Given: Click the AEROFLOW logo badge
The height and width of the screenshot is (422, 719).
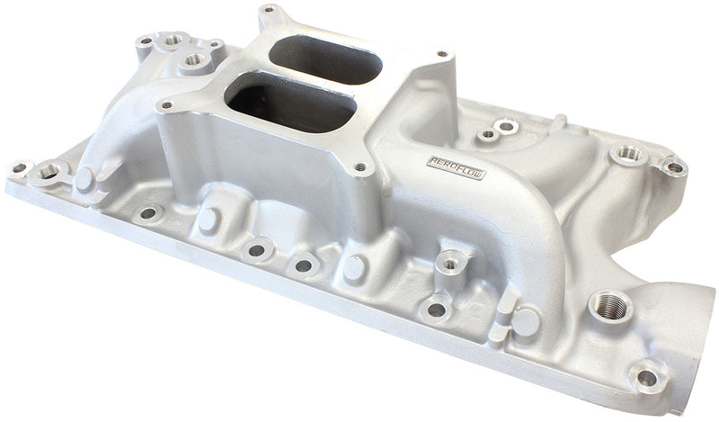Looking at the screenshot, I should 455,167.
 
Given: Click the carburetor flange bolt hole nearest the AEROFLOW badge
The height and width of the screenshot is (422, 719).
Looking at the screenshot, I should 360,166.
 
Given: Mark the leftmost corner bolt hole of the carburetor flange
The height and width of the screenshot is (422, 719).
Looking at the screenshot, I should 167,107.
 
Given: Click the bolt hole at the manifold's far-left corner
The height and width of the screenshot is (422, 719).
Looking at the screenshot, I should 17,167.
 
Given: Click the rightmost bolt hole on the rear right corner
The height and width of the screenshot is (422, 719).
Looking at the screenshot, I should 671,166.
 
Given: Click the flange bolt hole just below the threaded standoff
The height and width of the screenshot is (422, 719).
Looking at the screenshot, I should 436,309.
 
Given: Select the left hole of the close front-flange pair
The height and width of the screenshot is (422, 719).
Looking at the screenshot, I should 257,251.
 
